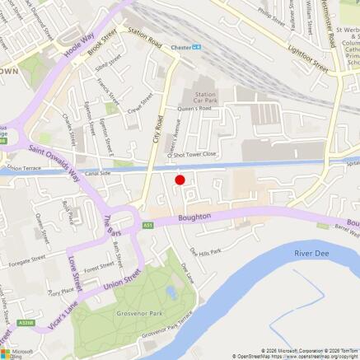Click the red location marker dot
[179, 180]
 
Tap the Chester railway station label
[181, 47]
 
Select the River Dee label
[311, 253]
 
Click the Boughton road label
[195, 217]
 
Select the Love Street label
[75, 272]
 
